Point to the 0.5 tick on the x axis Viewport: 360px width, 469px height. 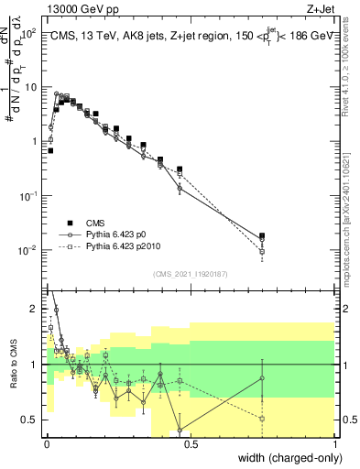(x=190, y=446)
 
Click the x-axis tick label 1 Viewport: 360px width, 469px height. (x=336, y=446)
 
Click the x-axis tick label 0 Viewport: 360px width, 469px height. (x=45, y=446)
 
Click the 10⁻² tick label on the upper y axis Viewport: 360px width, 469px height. (x=28, y=250)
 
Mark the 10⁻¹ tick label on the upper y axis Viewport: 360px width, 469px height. (x=28, y=196)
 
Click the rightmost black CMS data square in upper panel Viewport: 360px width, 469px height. (x=262, y=236)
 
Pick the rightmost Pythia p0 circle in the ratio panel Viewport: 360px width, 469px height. (x=262, y=378)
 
